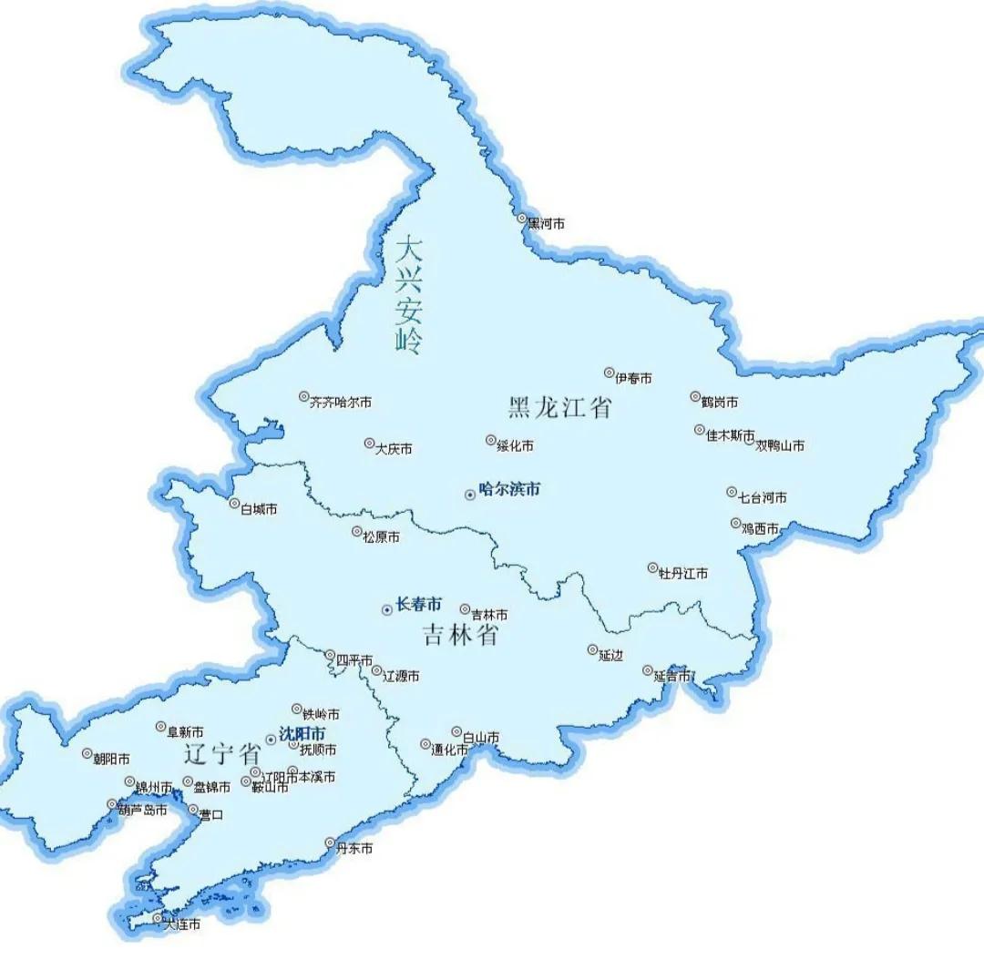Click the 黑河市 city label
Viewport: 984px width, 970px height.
click(x=547, y=223)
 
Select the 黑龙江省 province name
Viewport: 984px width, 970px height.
click(x=559, y=407)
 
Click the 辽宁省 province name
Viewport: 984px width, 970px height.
click(x=221, y=754)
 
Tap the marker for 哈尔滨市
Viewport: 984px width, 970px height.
click(x=470, y=495)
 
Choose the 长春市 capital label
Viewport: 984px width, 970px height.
click(x=418, y=604)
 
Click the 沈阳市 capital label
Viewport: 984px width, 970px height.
click(x=302, y=733)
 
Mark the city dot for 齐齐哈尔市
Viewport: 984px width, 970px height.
click(x=304, y=397)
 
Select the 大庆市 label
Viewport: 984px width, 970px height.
click(x=394, y=449)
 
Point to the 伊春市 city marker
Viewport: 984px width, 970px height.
click(x=610, y=373)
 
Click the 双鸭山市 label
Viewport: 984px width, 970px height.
click(x=780, y=445)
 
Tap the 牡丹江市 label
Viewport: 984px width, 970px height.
click(x=683, y=574)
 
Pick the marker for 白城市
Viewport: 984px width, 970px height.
click(x=234, y=504)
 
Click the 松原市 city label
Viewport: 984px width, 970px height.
click(x=381, y=537)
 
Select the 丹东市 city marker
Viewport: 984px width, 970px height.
click(x=331, y=843)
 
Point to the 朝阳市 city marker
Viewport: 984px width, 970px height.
click(x=87, y=754)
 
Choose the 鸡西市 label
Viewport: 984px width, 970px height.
click(x=760, y=529)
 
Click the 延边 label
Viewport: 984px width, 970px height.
click(x=610, y=656)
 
